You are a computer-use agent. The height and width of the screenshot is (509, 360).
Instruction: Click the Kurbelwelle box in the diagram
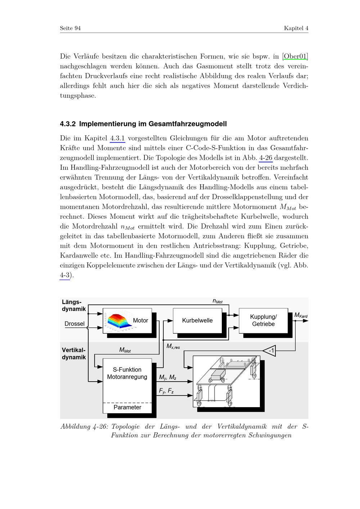(x=197, y=320)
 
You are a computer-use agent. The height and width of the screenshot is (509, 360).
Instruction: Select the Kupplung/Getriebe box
(x=263, y=320)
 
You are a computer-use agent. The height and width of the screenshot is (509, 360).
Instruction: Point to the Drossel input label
(x=75, y=324)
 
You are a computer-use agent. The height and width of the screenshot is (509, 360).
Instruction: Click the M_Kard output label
(x=301, y=315)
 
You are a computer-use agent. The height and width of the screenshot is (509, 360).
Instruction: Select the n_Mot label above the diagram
(x=217, y=301)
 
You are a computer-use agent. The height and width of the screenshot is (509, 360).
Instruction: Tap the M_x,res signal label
(x=173, y=346)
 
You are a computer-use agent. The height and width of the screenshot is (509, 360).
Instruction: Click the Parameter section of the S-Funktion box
(x=127, y=407)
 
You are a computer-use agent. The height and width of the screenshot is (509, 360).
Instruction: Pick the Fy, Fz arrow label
(x=166, y=391)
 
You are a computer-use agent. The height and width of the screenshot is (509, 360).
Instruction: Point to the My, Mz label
(x=167, y=377)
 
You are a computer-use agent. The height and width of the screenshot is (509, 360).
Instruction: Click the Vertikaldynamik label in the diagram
(x=74, y=353)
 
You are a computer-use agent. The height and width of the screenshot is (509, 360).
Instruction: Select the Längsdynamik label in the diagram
(x=74, y=305)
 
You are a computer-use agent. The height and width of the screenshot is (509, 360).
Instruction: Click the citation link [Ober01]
(x=296, y=56)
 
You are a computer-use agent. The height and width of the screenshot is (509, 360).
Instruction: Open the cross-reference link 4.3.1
(x=117, y=138)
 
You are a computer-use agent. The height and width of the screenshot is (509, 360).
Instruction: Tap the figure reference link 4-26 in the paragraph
(x=266, y=158)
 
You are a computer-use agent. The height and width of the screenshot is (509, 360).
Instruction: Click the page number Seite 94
(x=70, y=28)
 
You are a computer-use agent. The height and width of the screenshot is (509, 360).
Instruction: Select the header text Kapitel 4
(x=296, y=28)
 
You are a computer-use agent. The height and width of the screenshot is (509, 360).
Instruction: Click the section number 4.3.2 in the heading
(x=68, y=124)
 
